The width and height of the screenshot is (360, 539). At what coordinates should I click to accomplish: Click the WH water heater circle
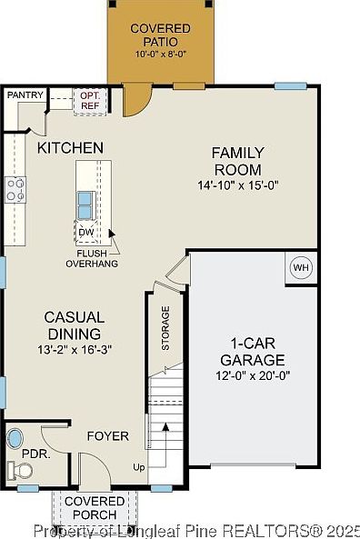[301, 267]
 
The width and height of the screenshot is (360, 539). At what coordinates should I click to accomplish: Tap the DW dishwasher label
[86, 232]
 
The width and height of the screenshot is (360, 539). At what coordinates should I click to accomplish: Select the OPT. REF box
[90, 101]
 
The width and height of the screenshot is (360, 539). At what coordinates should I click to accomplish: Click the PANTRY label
[25, 95]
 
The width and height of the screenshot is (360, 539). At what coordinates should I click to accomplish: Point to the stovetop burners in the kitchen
[15, 190]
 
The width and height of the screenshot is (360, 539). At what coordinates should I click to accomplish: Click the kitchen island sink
[85, 205]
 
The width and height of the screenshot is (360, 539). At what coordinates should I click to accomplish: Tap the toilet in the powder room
[20, 470]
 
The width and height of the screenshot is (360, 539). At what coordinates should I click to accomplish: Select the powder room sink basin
[15, 438]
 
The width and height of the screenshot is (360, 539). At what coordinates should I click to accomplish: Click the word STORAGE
[165, 328]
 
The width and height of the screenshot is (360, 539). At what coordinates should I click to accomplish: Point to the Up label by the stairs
[139, 467]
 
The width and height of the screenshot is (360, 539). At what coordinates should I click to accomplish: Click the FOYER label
[108, 436]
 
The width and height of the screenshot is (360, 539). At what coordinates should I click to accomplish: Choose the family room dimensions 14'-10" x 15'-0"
[238, 185]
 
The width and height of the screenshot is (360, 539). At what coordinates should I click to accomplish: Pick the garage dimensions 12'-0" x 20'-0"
[253, 375]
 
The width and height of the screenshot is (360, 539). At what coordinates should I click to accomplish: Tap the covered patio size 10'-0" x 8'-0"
[161, 54]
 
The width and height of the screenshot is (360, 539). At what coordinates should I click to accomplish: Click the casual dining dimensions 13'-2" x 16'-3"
[75, 350]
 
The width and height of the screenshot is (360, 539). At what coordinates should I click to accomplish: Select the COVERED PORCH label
[95, 508]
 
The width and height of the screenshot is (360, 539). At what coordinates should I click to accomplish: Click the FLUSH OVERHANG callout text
[92, 258]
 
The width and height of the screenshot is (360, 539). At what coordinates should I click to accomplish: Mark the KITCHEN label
[70, 148]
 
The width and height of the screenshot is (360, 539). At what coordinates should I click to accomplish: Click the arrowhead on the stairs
[165, 427]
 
